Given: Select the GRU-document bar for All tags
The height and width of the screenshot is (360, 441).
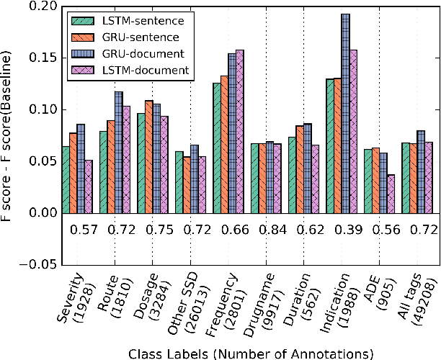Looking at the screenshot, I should [x=421, y=172].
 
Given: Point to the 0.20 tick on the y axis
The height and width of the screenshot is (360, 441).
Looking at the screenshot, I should [x=43, y=6].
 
